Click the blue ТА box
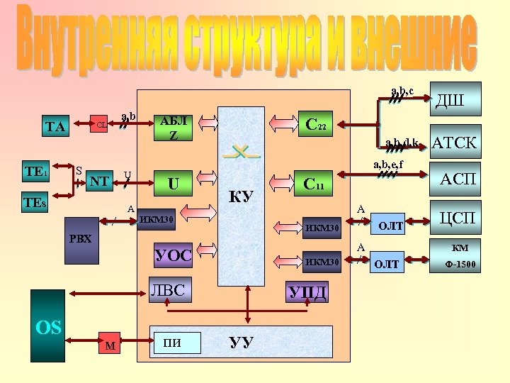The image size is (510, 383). (x=55, y=127)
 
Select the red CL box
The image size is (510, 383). (x=101, y=124)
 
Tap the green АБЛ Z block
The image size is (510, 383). (x=174, y=127)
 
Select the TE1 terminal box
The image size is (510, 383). (x=36, y=172)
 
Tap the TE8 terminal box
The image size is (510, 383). (x=36, y=204)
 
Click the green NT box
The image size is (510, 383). (x=99, y=182)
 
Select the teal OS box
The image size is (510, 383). (x=48, y=326)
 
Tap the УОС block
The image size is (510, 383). (x=173, y=255)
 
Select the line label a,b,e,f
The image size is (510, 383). (x=388, y=165)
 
